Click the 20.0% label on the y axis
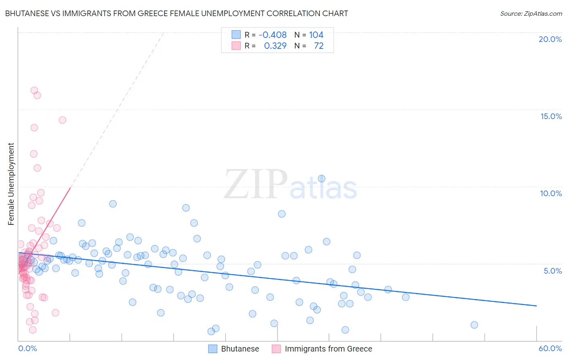[550, 39]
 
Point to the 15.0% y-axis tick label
[551, 116]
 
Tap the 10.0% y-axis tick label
[551, 193]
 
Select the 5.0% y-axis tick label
[552, 271]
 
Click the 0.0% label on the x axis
[27, 348]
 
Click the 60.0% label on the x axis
[550, 348]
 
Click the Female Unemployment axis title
[11, 184]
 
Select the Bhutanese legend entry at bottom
[234, 349]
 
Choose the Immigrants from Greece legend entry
[322, 349]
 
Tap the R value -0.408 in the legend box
[273, 35]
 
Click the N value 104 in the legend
[316, 35]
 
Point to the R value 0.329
[275, 46]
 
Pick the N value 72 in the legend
[319, 46]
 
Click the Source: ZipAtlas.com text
[531, 13]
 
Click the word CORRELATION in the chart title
[289, 13]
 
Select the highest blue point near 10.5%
[321, 178]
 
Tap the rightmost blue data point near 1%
[474, 325]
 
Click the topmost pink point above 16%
[34, 90]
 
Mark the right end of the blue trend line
[536, 306]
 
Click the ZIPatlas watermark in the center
[290, 185]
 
